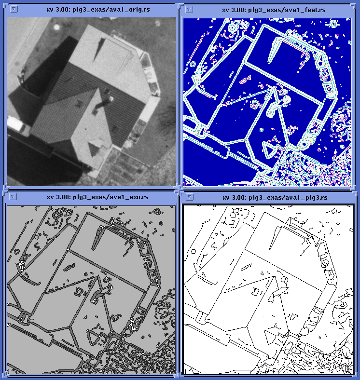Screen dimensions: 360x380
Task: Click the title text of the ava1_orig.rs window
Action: click(x=98, y=10)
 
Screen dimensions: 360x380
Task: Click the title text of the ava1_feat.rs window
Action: click(x=274, y=10)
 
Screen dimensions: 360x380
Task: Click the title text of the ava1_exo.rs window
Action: click(x=97, y=197)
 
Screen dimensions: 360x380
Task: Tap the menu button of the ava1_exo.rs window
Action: click(x=13, y=197)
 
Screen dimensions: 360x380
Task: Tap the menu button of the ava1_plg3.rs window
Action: click(x=190, y=197)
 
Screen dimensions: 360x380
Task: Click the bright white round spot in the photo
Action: click(x=56, y=27)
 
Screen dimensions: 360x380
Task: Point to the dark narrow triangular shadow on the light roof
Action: click(x=99, y=49)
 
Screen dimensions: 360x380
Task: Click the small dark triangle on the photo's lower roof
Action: click(x=94, y=149)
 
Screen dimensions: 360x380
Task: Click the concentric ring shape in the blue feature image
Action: click(x=233, y=28)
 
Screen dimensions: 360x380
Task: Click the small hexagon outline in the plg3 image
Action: click(x=194, y=251)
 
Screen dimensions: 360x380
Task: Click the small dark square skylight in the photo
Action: click(x=79, y=104)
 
